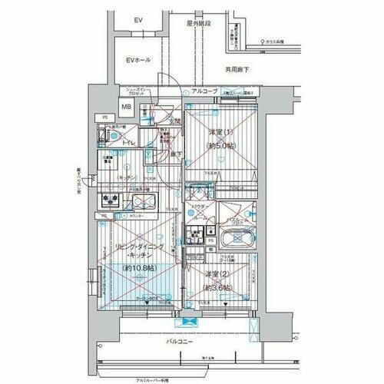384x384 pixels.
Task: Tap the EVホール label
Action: pyautogui.click(x=141, y=60)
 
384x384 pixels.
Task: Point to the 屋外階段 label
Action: pyautogui.click(x=198, y=24)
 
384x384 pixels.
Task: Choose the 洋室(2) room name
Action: pyautogui.click(x=217, y=274)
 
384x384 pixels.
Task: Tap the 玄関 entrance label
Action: pyautogui.click(x=174, y=121)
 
